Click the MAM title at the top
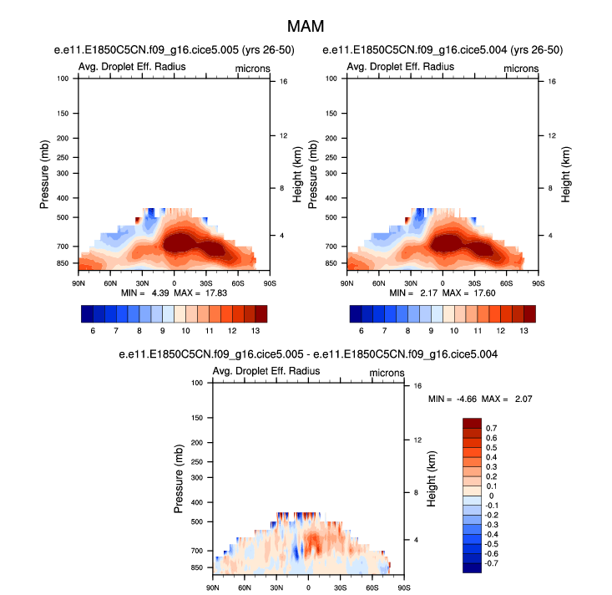pyautogui.click(x=306, y=26)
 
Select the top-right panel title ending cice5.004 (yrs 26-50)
pyautogui.click(x=443, y=50)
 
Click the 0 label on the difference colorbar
pyautogui.click(x=490, y=496)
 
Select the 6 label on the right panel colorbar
pyautogui.click(x=362, y=331)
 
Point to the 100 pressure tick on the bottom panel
pyautogui.click(x=199, y=382)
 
